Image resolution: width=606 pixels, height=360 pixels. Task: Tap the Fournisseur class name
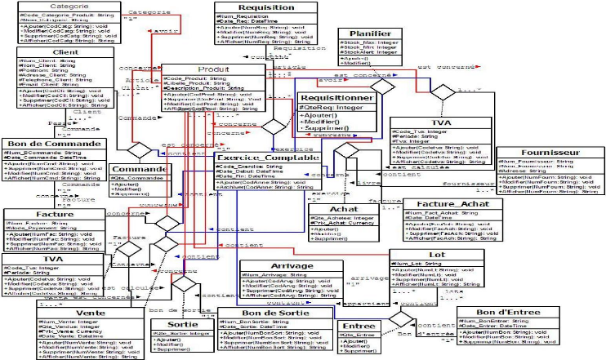click(545, 152)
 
